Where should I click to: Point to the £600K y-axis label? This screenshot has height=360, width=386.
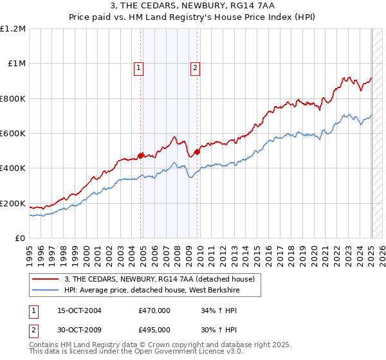point(13,134)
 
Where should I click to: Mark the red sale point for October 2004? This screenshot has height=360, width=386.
point(140,155)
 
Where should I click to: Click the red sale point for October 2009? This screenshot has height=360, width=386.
point(197,152)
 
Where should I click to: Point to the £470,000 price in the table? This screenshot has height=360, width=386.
point(154,310)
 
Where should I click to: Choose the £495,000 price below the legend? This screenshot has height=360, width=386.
point(154,330)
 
